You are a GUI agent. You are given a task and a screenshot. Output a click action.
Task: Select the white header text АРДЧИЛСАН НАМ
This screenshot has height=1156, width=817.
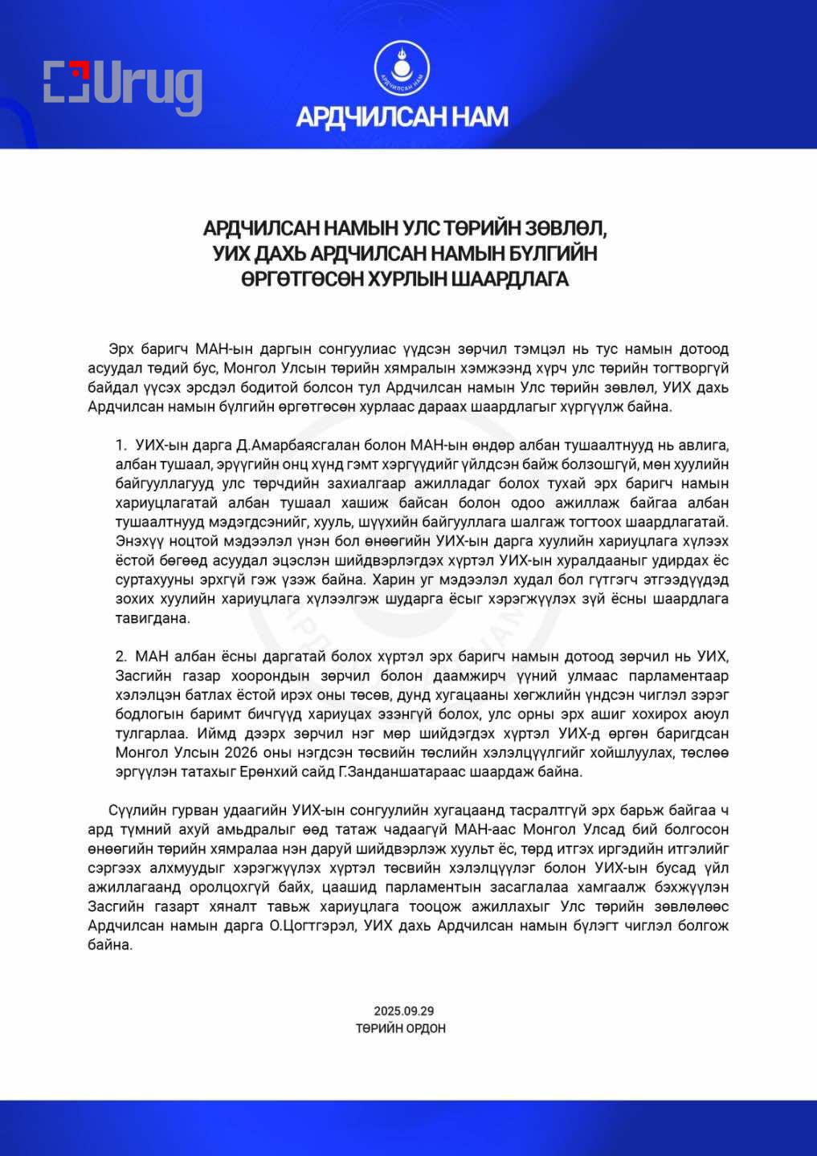(402, 117)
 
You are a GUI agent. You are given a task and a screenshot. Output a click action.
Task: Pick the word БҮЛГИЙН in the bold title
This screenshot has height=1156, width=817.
(554, 254)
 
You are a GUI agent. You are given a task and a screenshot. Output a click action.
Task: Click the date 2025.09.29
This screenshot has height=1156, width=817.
(403, 1011)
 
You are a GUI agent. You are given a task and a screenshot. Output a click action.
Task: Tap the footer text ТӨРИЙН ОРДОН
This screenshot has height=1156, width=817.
(401, 1028)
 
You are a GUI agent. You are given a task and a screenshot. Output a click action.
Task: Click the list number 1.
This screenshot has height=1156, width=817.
(120, 445)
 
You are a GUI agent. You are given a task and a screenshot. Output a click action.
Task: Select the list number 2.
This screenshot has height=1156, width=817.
(121, 657)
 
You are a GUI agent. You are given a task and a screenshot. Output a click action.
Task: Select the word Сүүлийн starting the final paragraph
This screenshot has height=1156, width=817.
(136, 810)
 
